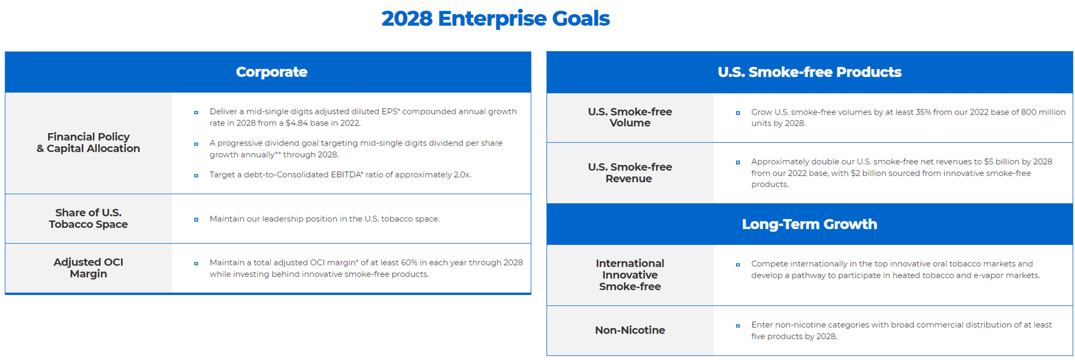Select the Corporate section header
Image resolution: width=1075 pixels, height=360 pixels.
pos(272,72)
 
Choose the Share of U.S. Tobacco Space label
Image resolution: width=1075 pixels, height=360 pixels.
pos(88,218)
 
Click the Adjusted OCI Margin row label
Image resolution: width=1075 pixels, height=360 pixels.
pos(88,268)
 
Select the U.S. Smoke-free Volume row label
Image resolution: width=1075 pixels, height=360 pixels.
pos(630,117)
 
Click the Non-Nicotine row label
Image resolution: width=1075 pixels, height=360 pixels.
pos(630,330)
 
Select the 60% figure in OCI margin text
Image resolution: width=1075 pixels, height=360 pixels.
pos(409,262)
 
